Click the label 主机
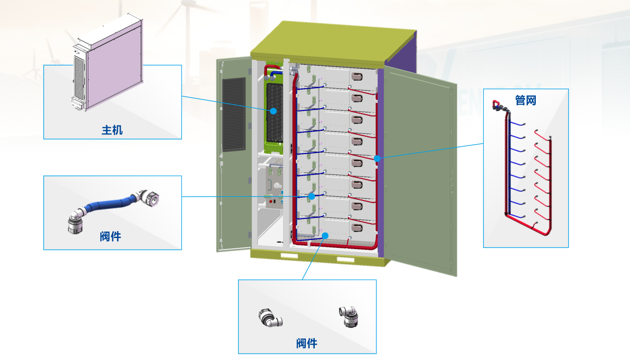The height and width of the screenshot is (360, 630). point(112,130)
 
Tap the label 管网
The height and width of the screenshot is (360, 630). point(525,100)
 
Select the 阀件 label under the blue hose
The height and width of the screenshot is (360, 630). point(110,236)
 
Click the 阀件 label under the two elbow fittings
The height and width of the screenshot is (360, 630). point(307,343)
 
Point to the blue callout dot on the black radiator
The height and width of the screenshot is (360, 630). point(273,111)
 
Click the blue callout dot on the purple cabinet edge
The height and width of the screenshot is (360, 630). point(377,158)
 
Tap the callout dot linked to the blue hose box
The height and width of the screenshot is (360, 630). point(312,196)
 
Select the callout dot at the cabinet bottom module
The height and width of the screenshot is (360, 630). point(325,235)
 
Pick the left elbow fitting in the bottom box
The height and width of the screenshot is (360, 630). point(270,318)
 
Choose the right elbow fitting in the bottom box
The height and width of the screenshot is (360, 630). point(349,316)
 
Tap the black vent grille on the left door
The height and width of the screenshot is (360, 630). point(234,114)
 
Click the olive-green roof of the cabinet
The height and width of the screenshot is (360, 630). point(334,43)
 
